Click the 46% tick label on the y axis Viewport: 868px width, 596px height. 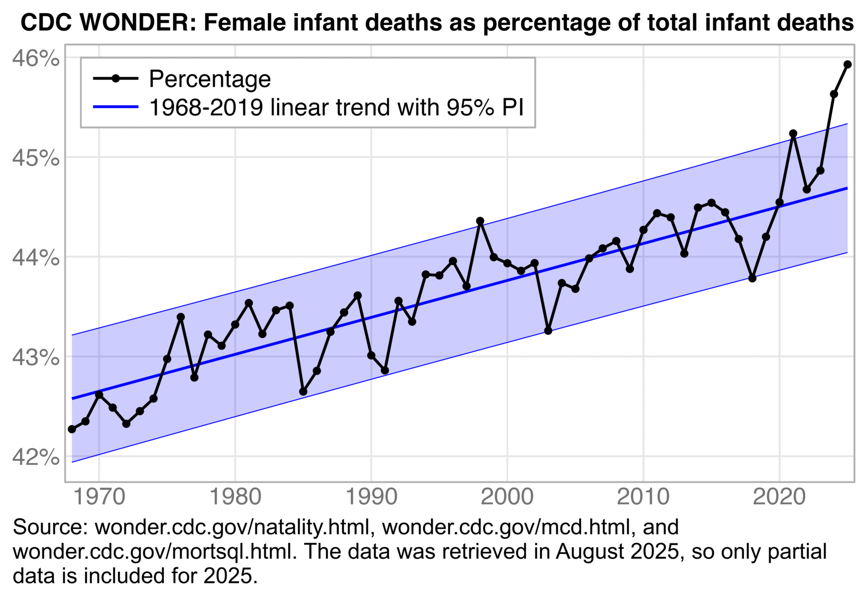point(35,58)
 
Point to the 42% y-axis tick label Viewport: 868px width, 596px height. point(35,457)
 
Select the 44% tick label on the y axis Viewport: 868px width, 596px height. point(35,258)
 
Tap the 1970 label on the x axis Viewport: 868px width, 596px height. point(99,496)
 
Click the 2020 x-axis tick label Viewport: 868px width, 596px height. point(779,496)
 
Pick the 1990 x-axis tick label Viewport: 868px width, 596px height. point(371,496)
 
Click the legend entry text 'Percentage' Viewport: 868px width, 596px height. point(210,79)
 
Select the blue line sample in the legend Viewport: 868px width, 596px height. point(116,107)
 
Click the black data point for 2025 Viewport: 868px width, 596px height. point(848,65)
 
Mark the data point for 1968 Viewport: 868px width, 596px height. point(72,429)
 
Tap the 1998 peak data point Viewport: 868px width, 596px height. point(480,221)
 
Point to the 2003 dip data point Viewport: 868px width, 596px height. point(548,331)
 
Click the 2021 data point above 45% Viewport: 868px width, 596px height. point(793,134)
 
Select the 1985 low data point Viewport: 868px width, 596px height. point(303,392)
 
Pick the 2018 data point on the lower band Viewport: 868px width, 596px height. point(752,278)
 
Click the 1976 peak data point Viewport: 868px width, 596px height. point(181,317)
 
